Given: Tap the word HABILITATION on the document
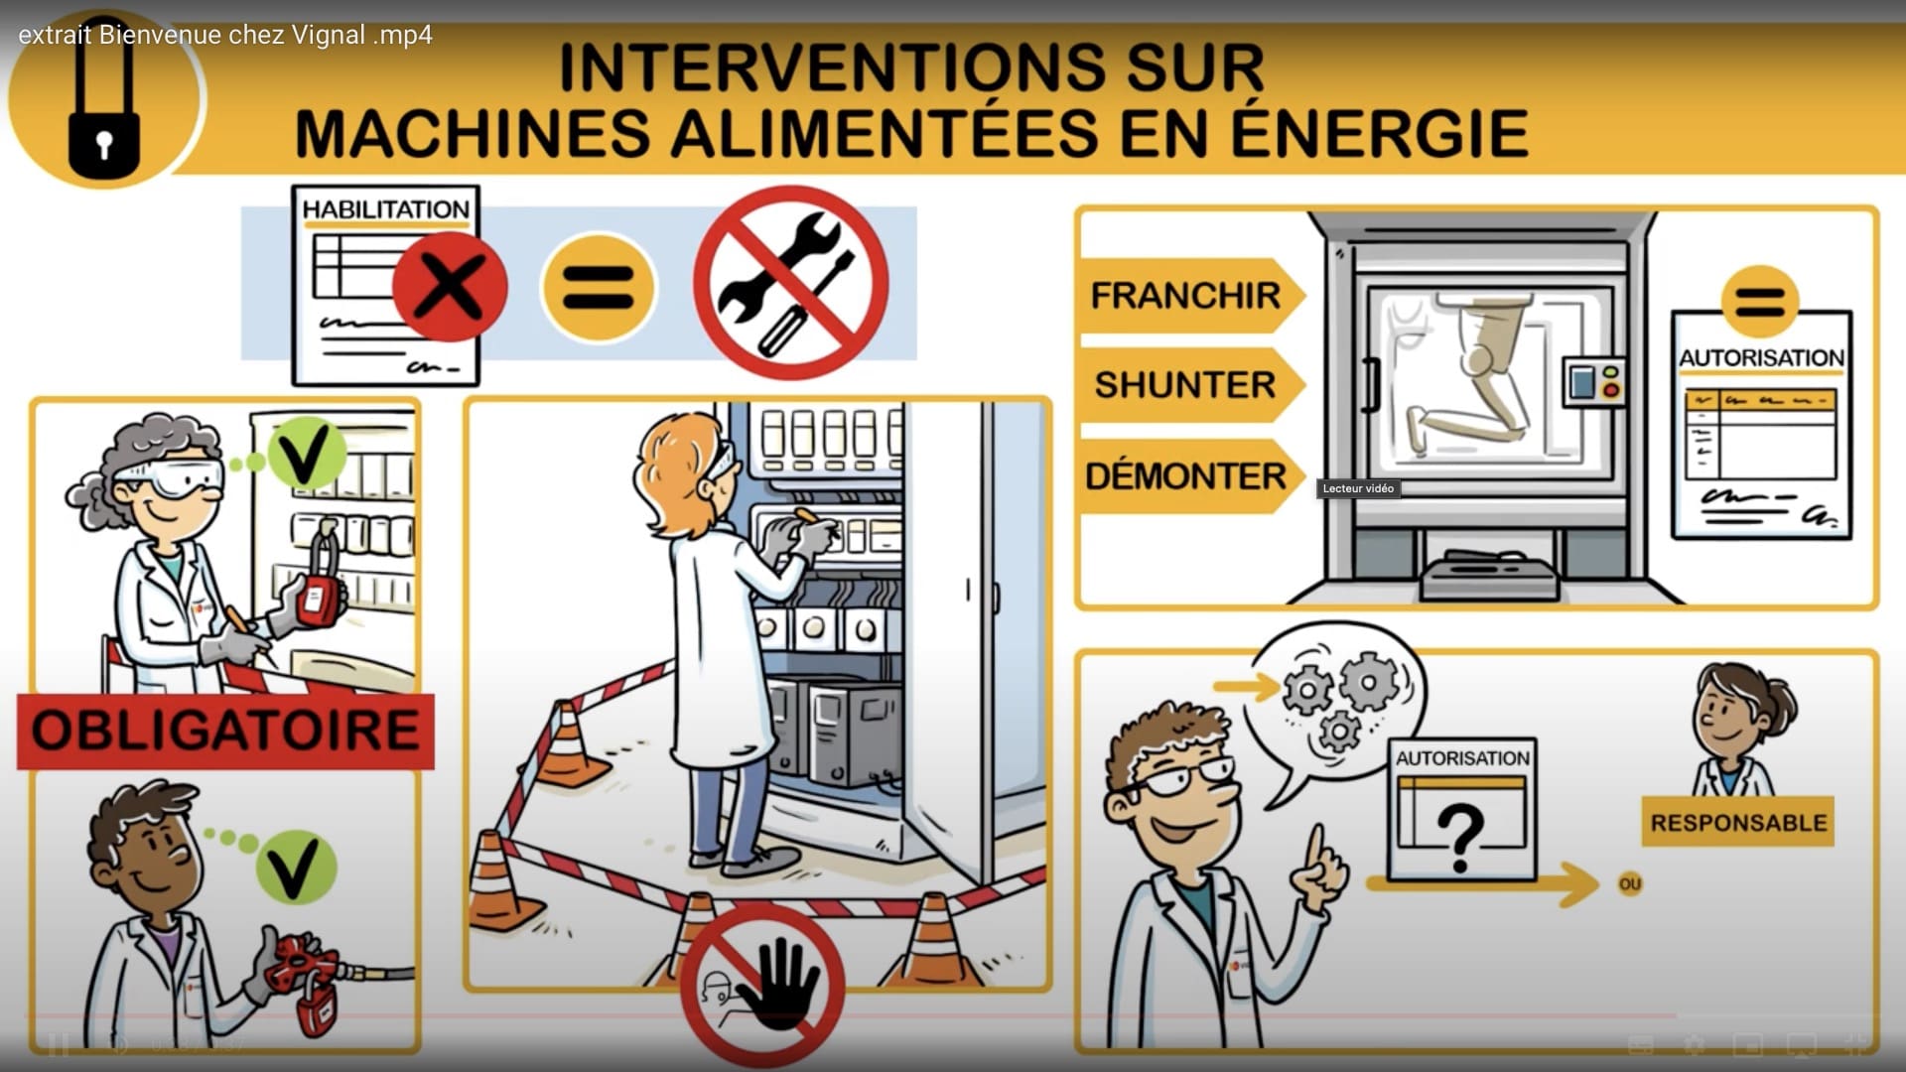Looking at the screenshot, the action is [385, 209].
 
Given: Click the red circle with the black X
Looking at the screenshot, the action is [450, 286].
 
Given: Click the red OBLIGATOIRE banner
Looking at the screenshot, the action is [225, 731].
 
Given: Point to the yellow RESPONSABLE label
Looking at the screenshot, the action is [1738, 822].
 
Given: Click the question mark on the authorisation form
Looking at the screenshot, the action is [1460, 837].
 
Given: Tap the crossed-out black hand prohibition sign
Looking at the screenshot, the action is [762, 986].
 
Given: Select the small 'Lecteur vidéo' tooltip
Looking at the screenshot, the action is [1358, 488].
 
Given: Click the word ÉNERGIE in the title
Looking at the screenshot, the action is [1380, 133].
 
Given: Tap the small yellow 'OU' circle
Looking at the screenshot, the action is [1630, 883].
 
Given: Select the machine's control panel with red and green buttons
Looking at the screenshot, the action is [1594, 381].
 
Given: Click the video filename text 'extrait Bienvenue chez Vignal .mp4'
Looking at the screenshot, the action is [225, 35].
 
